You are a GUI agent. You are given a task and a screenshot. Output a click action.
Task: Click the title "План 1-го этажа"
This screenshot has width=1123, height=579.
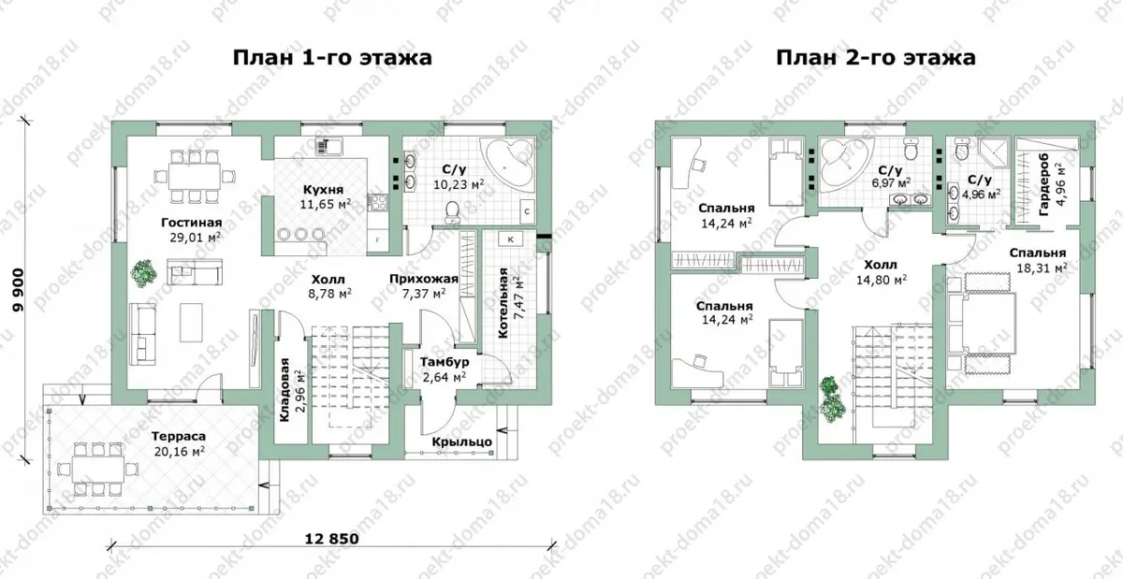point(332,58)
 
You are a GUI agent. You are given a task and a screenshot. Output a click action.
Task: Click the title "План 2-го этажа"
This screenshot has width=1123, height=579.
point(875,58)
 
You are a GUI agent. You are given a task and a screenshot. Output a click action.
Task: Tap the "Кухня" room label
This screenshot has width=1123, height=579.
point(324,190)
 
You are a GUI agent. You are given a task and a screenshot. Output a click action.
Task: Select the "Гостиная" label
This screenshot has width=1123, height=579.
point(192,222)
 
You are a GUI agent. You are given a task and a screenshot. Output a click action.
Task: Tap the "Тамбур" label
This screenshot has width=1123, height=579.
point(445,362)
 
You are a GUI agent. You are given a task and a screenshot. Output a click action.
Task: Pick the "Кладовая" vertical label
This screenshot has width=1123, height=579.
point(284,389)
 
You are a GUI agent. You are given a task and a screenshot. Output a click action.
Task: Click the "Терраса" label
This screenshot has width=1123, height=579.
point(179,437)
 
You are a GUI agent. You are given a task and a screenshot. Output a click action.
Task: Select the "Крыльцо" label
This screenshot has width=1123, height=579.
point(461,442)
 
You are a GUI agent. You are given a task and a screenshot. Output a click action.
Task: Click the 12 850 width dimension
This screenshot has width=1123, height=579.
point(332,539)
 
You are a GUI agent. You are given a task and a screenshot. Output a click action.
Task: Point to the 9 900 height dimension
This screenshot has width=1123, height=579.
point(19,290)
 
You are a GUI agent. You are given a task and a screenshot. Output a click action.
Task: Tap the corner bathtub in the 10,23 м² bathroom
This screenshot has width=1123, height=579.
point(507,161)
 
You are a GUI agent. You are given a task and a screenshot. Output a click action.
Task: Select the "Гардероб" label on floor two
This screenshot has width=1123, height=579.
point(1044,185)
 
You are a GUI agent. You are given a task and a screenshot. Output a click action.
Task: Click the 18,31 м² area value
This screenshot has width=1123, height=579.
point(1042,268)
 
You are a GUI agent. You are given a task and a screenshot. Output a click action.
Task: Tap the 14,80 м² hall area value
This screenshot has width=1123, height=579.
point(882,280)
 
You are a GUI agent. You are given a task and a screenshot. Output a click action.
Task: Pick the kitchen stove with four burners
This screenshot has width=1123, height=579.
point(377,203)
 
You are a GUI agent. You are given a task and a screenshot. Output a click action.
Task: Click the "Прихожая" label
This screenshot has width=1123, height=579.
point(424,279)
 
